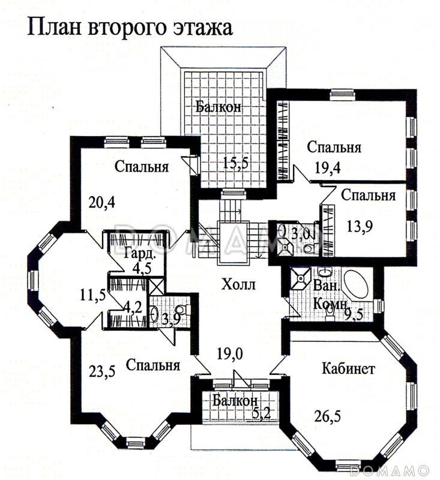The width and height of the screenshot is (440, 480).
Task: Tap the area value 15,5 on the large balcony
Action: [x=235, y=164]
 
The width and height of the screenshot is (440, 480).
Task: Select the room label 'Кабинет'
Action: [x=348, y=368]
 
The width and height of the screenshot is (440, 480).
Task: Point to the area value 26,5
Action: [x=328, y=414]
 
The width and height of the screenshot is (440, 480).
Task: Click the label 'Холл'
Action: [x=238, y=284]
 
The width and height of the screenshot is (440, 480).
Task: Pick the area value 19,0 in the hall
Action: [x=230, y=354]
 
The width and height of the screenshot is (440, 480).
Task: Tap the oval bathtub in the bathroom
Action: [x=355, y=286]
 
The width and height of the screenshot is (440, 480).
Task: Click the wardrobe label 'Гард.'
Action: [x=139, y=253]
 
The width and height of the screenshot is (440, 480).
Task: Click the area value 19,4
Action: [x=328, y=167]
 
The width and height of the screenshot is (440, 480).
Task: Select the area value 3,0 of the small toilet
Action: [x=301, y=232]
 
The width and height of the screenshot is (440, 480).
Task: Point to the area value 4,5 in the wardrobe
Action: [x=142, y=268]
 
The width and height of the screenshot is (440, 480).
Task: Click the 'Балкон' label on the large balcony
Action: [x=218, y=107]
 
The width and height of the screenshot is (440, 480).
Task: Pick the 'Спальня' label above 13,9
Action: [x=368, y=195]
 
